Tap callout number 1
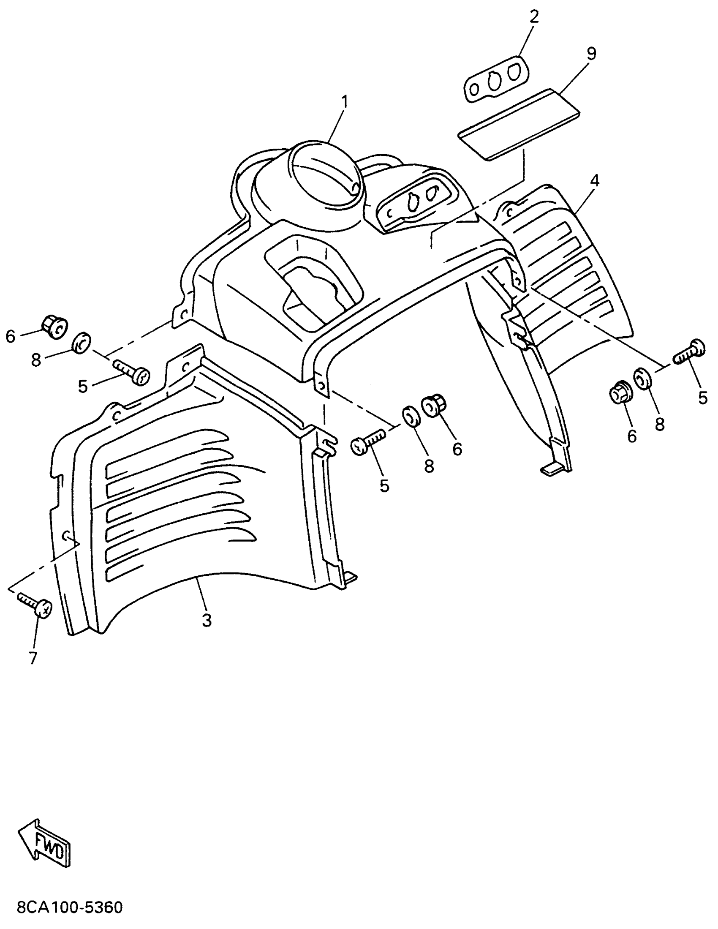344,102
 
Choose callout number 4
595,181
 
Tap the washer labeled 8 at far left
82,343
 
